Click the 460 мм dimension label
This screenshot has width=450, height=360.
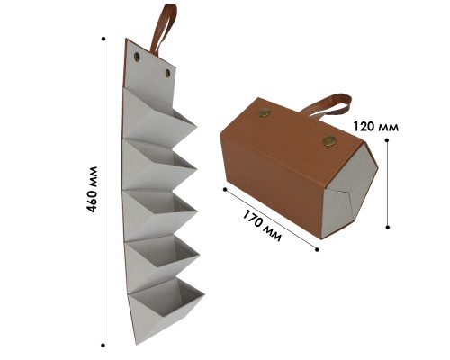coord(92,189)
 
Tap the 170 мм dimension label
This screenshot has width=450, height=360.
coord(262,225)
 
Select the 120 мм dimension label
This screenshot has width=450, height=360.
coord(376,127)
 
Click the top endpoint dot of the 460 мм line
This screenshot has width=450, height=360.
coord(103,39)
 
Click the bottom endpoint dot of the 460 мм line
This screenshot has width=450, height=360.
coord(103,346)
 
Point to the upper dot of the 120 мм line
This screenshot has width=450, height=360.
coord(387,140)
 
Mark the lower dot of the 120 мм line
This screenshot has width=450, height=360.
coord(388,228)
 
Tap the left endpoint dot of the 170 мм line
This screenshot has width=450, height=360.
coord(225,189)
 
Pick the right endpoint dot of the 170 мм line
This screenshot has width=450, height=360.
coord(317,249)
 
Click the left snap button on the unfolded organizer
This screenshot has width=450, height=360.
coord(137,57)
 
